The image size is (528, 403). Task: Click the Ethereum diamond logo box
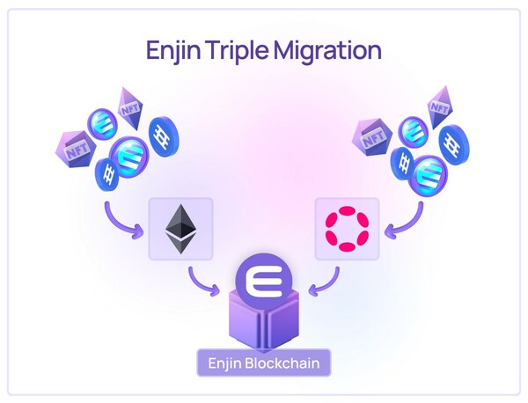pyautogui.click(x=181, y=229)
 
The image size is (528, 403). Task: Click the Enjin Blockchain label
pyautogui.click(x=264, y=362)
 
